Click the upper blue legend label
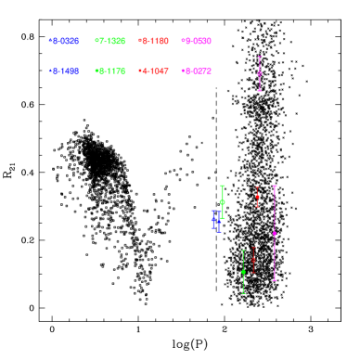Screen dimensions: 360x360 [x=64, y=41]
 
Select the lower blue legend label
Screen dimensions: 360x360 [x=64, y=71]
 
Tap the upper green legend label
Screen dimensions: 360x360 [x=110, y=41]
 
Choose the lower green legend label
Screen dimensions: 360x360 [x=110, y=71]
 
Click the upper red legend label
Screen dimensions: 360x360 [x=154, y=41]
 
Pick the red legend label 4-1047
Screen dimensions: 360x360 [x=154, y=71]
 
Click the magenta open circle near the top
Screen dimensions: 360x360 [x=260, y=73]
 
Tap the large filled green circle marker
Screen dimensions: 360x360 [x=222, y=201]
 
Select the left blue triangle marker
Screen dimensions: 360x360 [x=213, y=219]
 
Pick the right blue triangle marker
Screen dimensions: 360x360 [x=219, y=222]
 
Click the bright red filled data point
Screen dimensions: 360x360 [x=257, y=197]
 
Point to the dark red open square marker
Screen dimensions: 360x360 [x=253, y=260]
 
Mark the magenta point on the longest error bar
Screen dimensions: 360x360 [x=275, y=233]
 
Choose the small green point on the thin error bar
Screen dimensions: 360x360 [x=243, y=272]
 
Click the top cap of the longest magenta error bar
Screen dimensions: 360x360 [x=275, y=186]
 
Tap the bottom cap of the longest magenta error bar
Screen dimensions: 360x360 [x=275, y=280]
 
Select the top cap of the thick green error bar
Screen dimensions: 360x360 [x=222, y=186]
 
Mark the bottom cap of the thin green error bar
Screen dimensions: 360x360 [x=243, y=294]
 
